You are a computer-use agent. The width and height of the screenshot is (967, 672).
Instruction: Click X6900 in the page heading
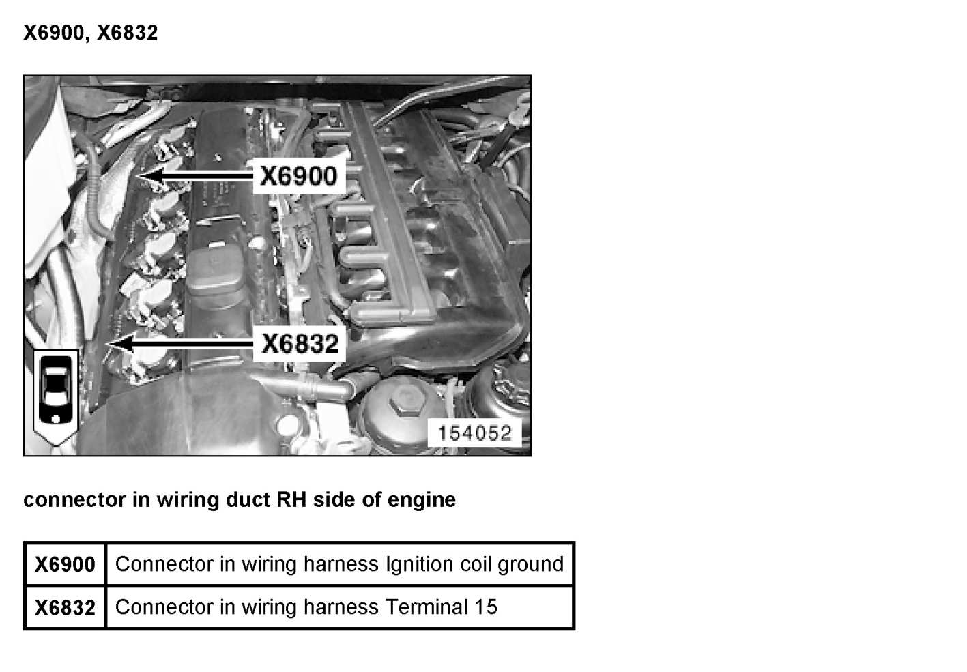click(x=53, y=33)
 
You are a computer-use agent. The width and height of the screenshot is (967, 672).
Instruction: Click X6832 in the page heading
click(x=128, y=33)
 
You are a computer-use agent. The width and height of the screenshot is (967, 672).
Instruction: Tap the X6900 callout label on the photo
click(x=299, y=176)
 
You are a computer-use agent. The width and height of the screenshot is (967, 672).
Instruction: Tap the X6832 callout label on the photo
click(x=300, y=344)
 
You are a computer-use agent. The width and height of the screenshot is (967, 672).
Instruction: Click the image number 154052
click(x=475, y=433)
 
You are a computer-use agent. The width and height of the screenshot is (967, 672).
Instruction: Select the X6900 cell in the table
click(x=66, y=564)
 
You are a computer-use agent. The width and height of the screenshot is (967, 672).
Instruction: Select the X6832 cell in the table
click(x=66, y=608)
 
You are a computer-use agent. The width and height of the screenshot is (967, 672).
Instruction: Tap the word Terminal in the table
click(x=427, y=607)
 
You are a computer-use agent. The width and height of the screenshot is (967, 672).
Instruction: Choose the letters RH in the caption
click(x=291, y=500)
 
